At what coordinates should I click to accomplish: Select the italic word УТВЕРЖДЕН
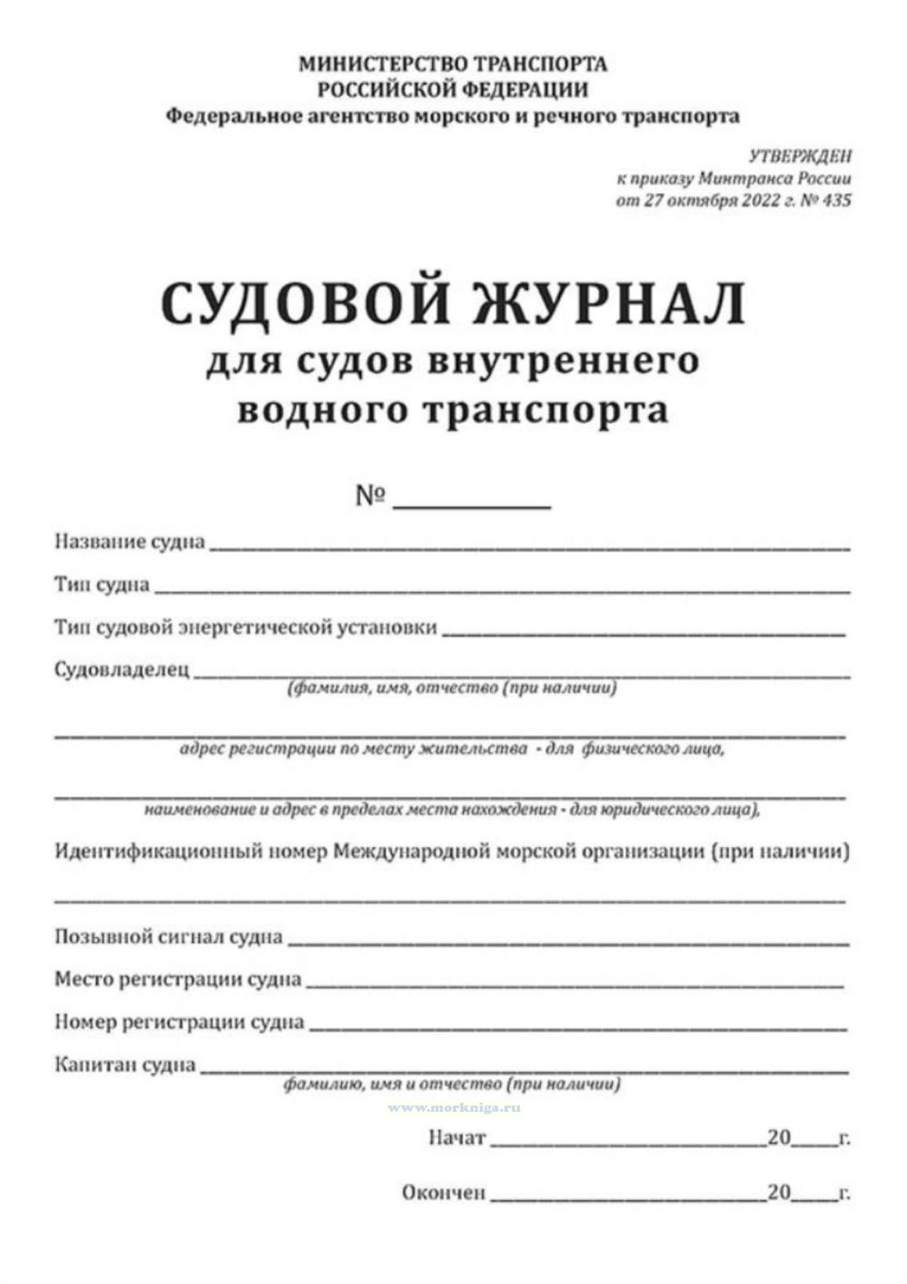(800, 156)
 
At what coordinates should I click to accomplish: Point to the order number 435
(837, 200)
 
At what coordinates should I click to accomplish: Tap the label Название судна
(130, 541)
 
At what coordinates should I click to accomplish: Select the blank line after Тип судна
(501, 592)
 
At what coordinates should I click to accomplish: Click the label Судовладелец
(122, 669)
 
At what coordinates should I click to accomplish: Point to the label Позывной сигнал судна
(168, 936)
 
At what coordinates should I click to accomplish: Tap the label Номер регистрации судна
(179, 1022)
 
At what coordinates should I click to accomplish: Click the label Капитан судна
(126, 1065)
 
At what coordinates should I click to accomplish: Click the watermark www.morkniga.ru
(454, 1108)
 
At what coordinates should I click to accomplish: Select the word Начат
(457, 1137)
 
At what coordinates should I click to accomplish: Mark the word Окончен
(444, 1193)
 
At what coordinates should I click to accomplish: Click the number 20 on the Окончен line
(778, 1192)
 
